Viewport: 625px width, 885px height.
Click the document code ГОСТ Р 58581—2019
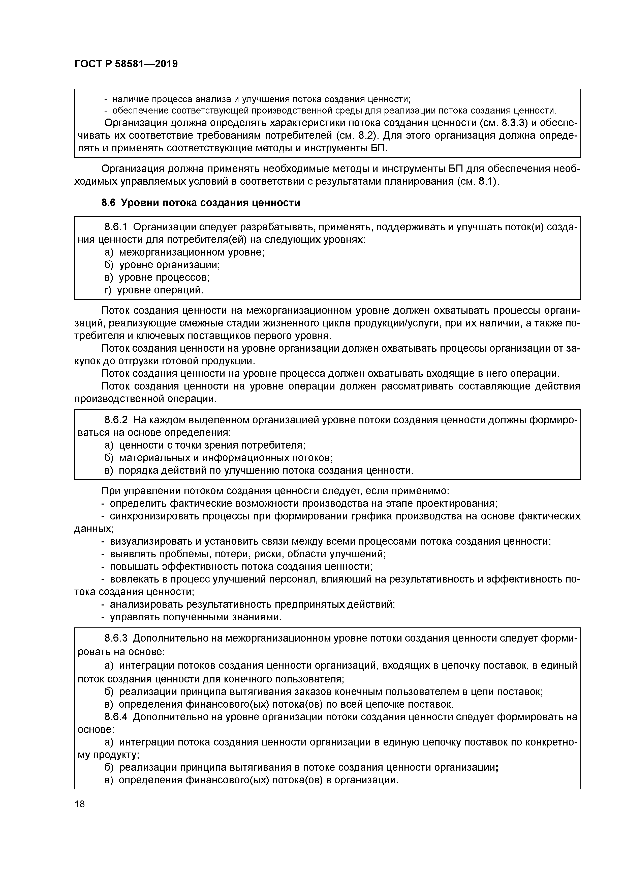coord(126,64)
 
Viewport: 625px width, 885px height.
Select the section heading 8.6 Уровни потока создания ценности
coord(201,203)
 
